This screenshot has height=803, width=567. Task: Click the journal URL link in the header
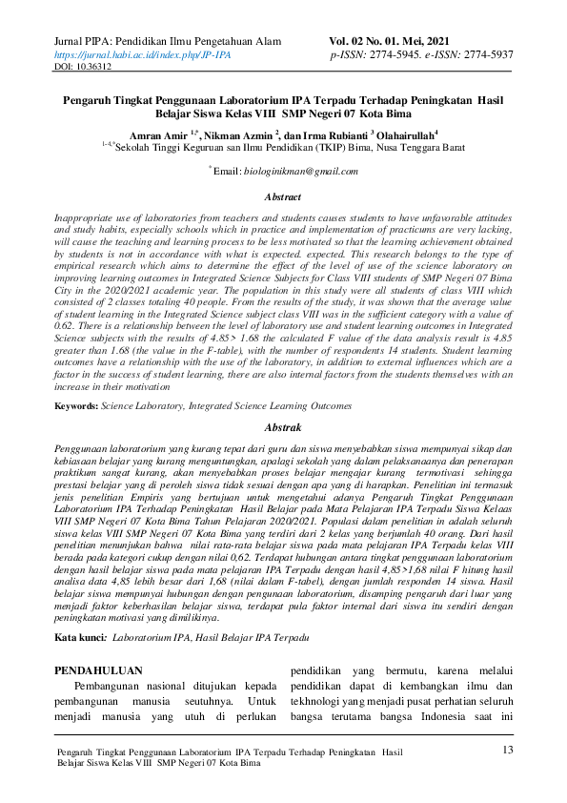point(142,55)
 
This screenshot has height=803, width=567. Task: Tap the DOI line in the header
point(82,68)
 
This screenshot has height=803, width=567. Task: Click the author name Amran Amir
point(156,134)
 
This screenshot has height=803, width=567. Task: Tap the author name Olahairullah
point(405,134)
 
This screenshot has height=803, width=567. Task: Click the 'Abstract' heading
point(283,196)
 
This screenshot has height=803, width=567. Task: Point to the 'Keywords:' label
point(76,406)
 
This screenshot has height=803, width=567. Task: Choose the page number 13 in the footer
point(507,751)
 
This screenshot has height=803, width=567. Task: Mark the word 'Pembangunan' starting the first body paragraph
point(104,688)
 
